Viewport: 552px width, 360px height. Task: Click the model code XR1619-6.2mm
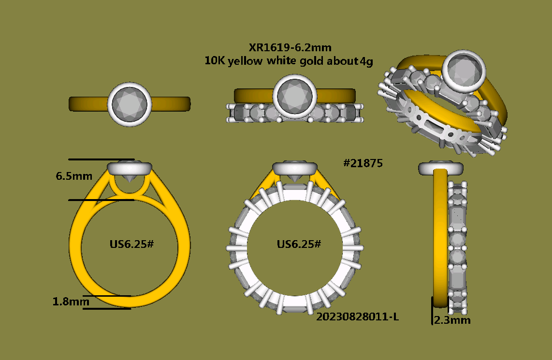[290, 47]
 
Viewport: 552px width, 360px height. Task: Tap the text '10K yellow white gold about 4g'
[289, 61]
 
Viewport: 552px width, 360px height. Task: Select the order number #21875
[363, 163]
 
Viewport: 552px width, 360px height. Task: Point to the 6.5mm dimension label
[74, 176]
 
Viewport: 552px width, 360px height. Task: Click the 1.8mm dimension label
[71, 302]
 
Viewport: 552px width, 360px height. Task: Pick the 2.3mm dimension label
[452, 320]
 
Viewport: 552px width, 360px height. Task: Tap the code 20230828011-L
[358, 317]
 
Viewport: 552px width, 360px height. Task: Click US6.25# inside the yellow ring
[131, 244]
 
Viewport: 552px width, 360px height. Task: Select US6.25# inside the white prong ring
[299, 244]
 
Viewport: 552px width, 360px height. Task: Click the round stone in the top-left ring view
[130, 104]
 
